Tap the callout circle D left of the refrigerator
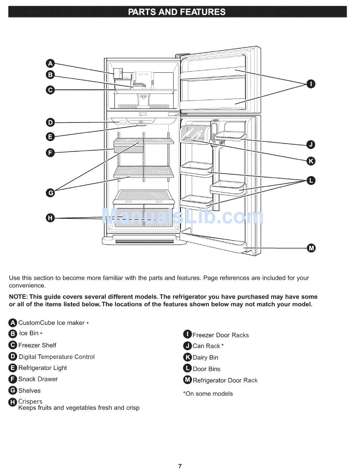[50, 122]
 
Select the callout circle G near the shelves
[50, 193]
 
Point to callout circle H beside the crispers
[50, 218]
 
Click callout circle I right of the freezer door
[311, 84]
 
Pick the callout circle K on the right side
[311, 161]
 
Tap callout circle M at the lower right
[311, 248]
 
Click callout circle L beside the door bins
[311, 180]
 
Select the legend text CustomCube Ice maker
[52, 323]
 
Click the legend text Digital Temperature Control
[56, 357]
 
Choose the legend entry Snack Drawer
[38, 379]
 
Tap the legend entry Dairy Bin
[205, 357]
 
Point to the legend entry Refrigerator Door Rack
[225, 380]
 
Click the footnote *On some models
[208, 394]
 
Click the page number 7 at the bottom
[180, 466]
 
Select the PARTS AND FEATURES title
[177, 12]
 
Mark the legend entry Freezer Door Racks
[221, 335]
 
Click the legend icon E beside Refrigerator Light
[13, 368]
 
